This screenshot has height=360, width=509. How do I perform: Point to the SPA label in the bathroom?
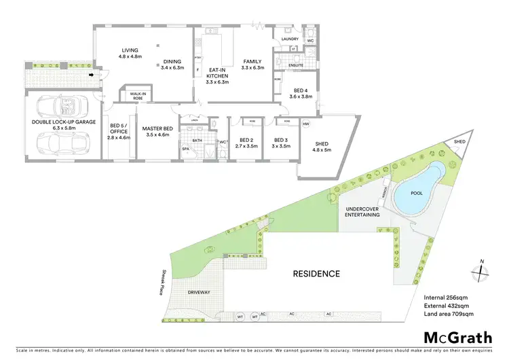click(185, 147)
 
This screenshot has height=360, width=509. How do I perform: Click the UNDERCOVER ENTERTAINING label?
click(362, 211)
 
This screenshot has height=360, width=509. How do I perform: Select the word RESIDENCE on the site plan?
click(316, 274)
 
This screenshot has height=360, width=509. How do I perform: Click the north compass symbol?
click(480, 269)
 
